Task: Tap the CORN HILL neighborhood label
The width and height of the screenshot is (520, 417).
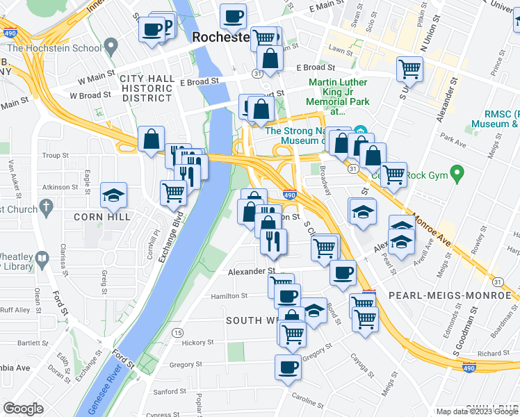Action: pos(103,217)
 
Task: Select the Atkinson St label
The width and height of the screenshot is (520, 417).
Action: pos(60,187)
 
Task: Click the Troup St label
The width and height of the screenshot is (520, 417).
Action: pos(54,156)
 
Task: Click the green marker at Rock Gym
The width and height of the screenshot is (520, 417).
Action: pos(457,172)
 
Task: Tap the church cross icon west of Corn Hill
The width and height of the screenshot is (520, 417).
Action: pos(46,206)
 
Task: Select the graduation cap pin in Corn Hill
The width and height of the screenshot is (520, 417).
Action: pos(113,195)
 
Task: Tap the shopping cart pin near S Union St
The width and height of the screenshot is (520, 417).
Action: pos(409,69)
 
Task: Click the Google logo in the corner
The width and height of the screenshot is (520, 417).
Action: pos(23,409)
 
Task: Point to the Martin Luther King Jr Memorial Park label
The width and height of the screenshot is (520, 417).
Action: pos(336,98)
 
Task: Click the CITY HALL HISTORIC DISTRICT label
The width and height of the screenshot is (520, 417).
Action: pos(147,88)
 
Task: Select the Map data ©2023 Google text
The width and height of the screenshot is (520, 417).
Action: pos(476,411)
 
